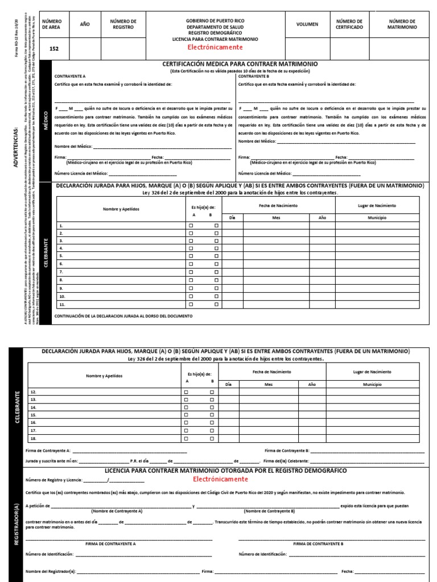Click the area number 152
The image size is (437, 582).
[54, 49]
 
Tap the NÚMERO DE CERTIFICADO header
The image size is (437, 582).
[349, 24]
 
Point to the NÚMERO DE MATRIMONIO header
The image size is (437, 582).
[402, 24]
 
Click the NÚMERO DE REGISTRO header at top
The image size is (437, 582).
[123, 24]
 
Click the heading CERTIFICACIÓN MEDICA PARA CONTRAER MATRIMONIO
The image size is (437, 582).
[240, 64]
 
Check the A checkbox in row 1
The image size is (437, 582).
[191, 226]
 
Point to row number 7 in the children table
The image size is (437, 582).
[61, 272]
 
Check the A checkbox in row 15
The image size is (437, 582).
[186, 423]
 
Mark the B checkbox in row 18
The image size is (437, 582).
[211, 439]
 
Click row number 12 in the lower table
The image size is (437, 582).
[32, 392]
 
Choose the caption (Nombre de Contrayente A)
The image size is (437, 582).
[121, 511]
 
